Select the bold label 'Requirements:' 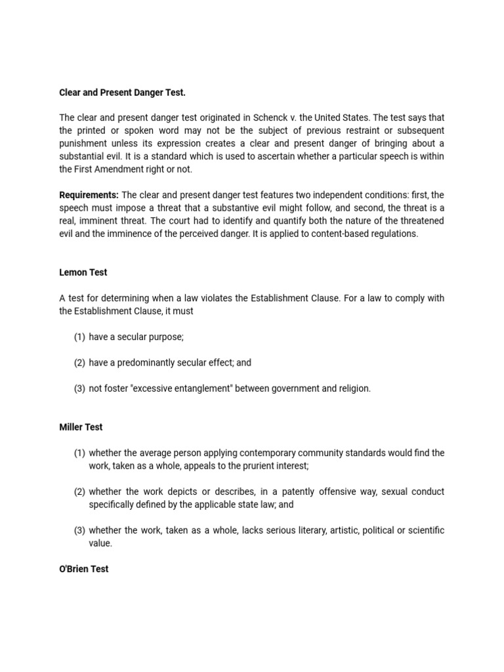click(89, 195)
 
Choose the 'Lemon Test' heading click(83, 272)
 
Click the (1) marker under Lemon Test click(79, 337)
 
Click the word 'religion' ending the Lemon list click(352, 388)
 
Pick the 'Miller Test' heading click(81, 427)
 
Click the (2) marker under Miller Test click(79, 492)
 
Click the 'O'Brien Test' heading click(84, 569)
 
